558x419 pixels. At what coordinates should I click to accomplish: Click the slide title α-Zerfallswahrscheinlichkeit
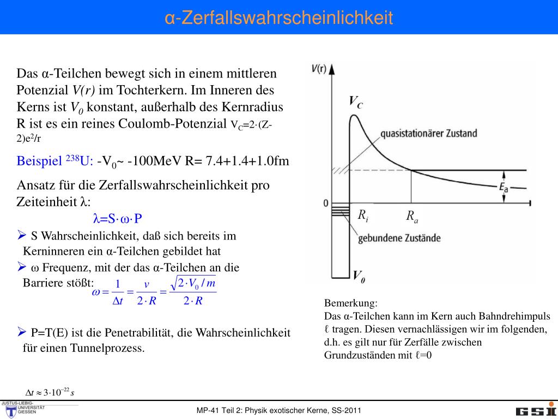click(x=278, y=17)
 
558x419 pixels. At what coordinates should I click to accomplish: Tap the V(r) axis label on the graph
click(x=319, y=68)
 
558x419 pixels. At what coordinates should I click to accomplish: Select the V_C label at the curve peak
click(x=355, y=102)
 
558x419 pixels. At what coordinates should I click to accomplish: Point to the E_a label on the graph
click(x=504, y=188)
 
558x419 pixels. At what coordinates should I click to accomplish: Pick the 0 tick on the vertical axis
click(x=326, y=203)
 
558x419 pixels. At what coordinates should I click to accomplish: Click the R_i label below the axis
click(x=363, y=216)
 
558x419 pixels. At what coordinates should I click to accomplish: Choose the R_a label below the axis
click(x=412, y=217)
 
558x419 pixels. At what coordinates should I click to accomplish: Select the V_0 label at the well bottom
click(x=359, y=277)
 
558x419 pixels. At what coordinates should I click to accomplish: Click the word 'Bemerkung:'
click(x=350, y=303)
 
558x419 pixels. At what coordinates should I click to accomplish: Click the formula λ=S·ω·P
click(x=118, y=219)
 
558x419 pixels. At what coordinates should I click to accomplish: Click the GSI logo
click(x=536, y=411)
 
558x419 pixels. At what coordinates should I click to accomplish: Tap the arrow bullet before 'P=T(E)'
click(x=22, y=331)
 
